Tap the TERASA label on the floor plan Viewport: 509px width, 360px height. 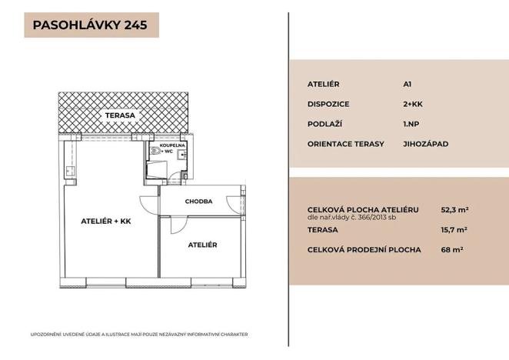121,115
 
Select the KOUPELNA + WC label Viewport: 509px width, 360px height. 171,148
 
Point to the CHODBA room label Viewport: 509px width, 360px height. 198,202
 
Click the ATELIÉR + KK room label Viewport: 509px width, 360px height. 107,222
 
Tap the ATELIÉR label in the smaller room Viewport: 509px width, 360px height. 203,245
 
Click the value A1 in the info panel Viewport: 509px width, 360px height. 407,85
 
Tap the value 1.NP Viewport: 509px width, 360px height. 411,123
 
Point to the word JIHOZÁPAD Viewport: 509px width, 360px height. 425,143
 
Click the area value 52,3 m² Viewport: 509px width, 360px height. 454,208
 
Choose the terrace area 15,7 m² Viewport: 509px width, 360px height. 454,229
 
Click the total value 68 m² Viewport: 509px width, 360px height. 451,249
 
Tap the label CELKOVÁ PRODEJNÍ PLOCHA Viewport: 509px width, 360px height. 353,249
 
